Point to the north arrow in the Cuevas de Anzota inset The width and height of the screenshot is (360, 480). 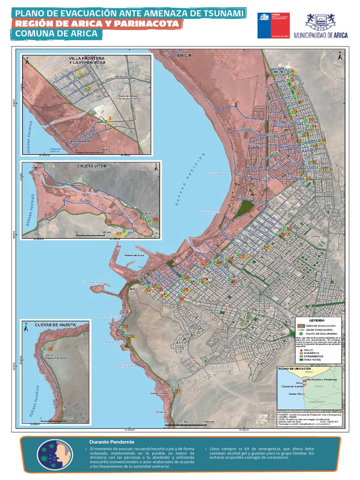[x=27, y=329]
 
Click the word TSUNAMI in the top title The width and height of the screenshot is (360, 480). [x=217, y=14]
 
